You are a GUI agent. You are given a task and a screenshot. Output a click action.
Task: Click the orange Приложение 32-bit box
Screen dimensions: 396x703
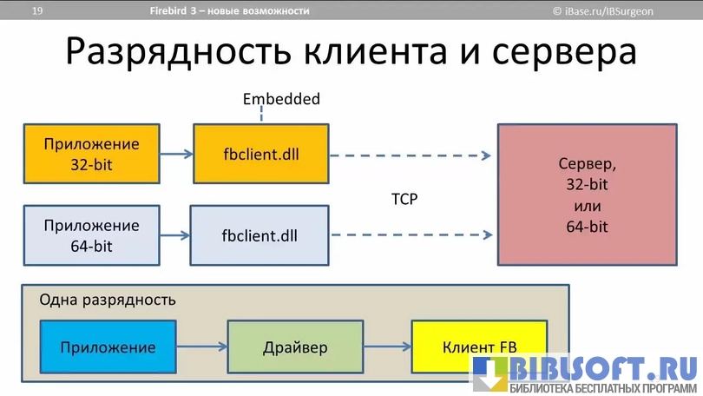[x=91, y=154]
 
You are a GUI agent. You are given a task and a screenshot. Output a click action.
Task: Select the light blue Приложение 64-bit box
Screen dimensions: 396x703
[x=91, y=235]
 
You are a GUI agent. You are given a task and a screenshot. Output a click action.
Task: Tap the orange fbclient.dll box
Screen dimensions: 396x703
[x=261, y=154]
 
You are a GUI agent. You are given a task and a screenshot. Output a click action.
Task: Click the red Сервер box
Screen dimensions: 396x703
[x=587, y=195]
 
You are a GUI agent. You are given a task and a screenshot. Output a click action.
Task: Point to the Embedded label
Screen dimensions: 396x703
[x=281, y=99]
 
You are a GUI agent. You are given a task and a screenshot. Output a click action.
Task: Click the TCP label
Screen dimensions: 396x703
[x=404, y=199]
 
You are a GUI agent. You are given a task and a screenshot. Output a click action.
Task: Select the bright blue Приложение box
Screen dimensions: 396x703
[x=108, y=347]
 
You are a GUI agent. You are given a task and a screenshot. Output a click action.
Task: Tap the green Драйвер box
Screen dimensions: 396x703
[x=295, y=347]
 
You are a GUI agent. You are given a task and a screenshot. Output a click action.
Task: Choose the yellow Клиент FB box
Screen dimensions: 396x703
[x=479, y=347]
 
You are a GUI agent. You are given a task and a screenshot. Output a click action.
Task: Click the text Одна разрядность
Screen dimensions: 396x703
[x=108, y=300]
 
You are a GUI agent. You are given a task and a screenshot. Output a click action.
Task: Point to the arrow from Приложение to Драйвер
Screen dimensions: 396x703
[x=201, y=347]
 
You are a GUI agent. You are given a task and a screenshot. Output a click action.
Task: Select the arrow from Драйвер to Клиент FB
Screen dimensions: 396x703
[x=387, y=347]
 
